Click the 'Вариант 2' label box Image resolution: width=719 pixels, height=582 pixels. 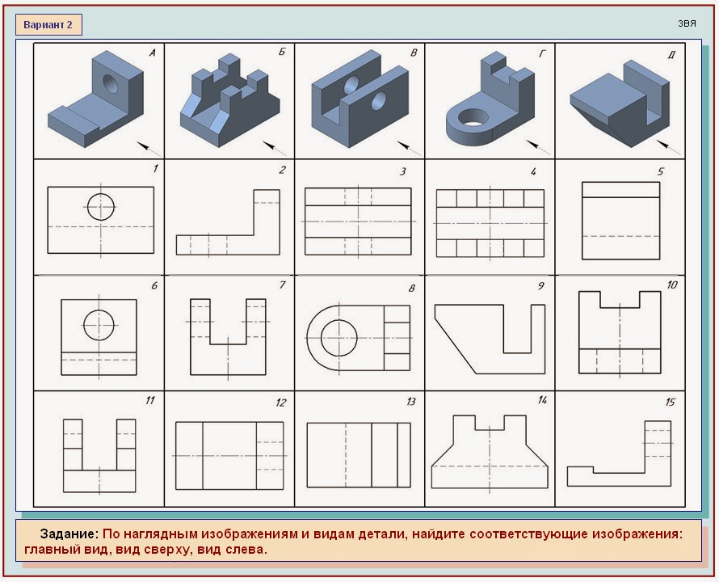point(48,25)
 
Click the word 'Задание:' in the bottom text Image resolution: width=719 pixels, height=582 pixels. point(69,533)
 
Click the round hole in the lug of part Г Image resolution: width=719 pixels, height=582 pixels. point(473,117)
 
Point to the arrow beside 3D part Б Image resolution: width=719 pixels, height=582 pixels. point(274,148)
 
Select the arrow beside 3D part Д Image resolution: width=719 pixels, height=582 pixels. point(669,147)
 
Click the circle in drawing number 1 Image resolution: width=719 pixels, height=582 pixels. point(100,207)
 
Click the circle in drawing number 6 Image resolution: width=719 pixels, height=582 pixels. point(99,325)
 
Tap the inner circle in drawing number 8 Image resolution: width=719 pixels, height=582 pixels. point(338,338)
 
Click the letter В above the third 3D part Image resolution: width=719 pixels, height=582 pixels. point(413,53)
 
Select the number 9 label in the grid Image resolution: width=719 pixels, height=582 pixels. point(541,285)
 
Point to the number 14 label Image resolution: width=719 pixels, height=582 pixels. point(542,400)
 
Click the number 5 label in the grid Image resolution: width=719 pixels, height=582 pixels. point(660,171)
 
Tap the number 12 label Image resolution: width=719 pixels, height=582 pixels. point(280,403)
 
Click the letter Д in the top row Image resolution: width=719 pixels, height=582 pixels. point(671,55)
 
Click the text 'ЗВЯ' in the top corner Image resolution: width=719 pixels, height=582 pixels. point(687,24)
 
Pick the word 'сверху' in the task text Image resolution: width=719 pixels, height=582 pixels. point(162,550)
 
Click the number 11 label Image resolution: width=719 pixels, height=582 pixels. point(150,401)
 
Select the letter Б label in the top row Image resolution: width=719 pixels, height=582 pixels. point(282,52)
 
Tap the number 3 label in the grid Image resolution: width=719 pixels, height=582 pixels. point(402,171)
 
